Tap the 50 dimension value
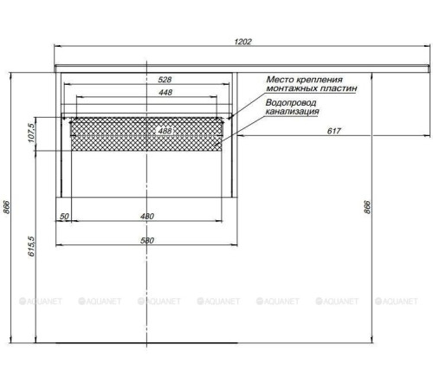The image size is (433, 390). click(64, 218)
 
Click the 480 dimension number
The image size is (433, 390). click(147, 218)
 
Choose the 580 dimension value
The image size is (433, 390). click(148, 240)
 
